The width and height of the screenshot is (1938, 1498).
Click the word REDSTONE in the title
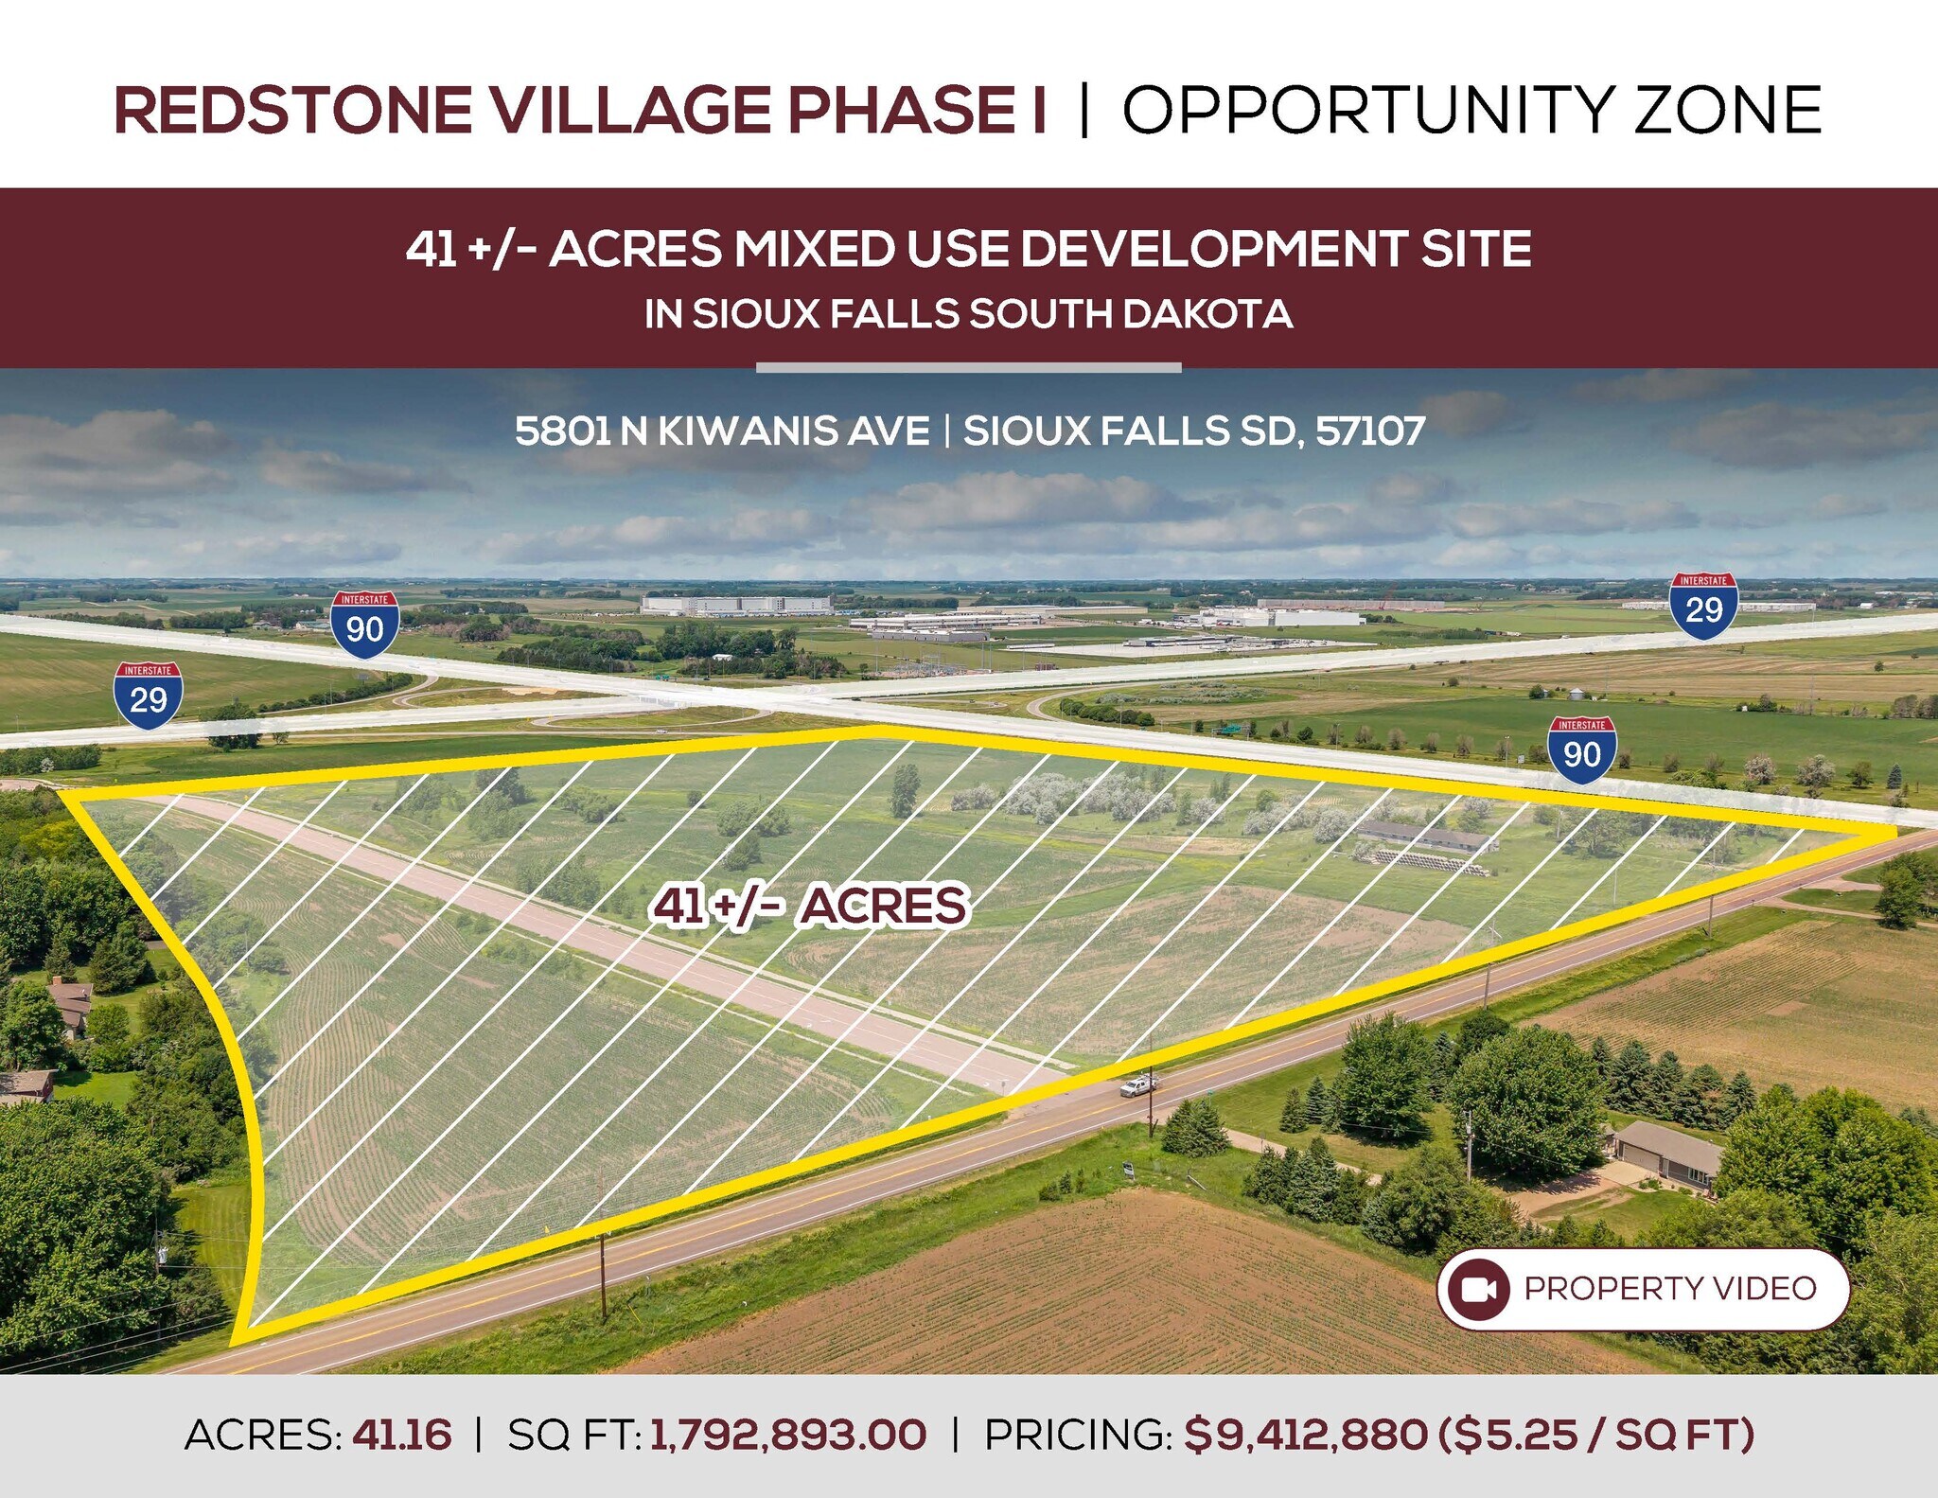[293, 110]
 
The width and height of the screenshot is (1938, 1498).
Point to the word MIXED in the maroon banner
[815, 249]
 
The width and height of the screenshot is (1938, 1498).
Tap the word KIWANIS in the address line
[794, 432]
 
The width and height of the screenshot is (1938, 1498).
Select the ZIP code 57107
[1370, 432]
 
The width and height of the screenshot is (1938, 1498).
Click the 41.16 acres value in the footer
[402, 1435]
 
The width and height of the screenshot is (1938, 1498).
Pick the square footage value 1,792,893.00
[788, 1435]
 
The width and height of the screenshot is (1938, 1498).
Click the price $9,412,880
[1306, 1435]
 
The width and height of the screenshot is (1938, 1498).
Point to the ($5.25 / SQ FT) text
[1596, 1435]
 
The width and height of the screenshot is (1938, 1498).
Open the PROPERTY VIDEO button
[1643, 1289]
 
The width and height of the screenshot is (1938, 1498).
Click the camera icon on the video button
[1478, 1289]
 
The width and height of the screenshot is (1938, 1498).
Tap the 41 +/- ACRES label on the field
[810, 906]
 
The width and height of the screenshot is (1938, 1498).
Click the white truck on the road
[1137, 1086]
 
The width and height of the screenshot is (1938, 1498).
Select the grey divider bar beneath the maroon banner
[968, 367]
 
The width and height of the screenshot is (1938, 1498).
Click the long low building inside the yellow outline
[1427, 836]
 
